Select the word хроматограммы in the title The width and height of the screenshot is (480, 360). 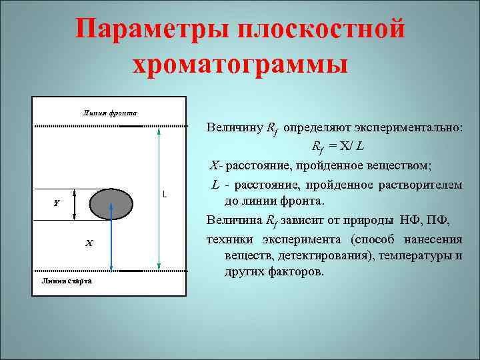pos(240,65)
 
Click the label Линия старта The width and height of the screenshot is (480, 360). pos(67,281)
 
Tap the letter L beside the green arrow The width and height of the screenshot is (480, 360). pos(164,195)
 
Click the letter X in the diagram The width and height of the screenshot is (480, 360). pos(89,243)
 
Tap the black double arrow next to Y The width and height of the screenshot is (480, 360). pos(75,203)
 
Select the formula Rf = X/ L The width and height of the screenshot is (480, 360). pos(341,146)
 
